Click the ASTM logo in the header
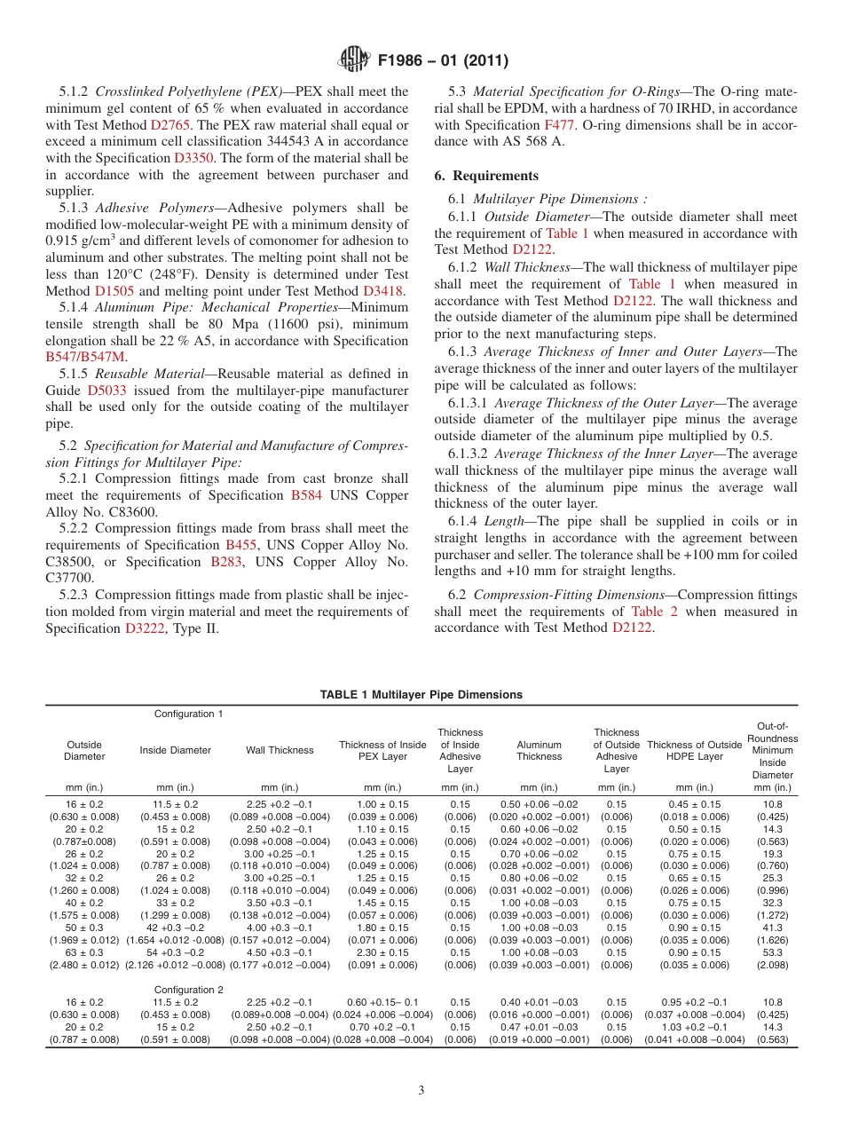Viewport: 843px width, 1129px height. (x=354, y=60)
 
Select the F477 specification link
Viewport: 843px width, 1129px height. (x=558, y=125)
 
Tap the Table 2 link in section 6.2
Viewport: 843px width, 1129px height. (x=654, y=611)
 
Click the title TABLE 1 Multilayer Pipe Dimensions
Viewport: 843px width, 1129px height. (x=421, y=695)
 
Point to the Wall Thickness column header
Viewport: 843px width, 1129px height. (x=280, y=750)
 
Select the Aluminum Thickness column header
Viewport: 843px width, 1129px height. (x=539, y=751)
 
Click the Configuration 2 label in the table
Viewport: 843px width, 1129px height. (x=188, y=990)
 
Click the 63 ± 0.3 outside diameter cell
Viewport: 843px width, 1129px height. (x=84, y=952)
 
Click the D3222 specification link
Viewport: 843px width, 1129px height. (x=147, y=628)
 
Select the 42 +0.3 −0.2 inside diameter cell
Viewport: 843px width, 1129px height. (x=175, y=928)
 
